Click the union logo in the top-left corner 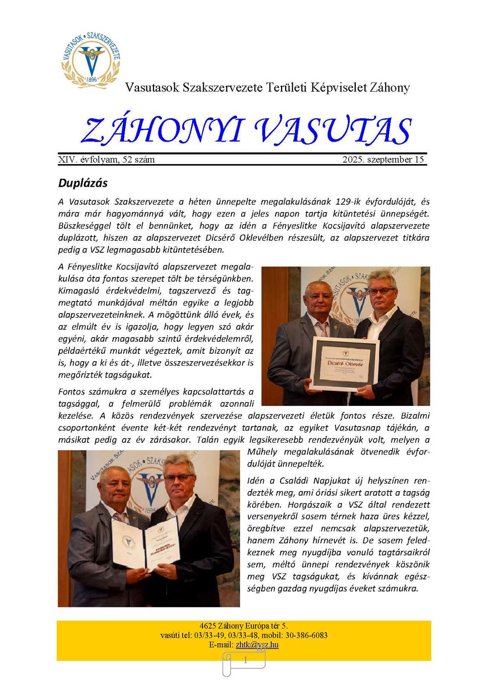tap(91, 57)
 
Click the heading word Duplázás tap(83, 183)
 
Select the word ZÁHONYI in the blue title tap(161, 131)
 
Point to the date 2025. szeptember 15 tap(383, 160)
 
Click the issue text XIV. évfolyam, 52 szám tap(107, 160)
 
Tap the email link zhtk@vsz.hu tap(257, 645)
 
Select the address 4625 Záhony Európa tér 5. tap(244, 626)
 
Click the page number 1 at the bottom tap(245, 661)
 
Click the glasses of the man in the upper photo tap(381, 291)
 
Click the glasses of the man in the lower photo tap(179, 478)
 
